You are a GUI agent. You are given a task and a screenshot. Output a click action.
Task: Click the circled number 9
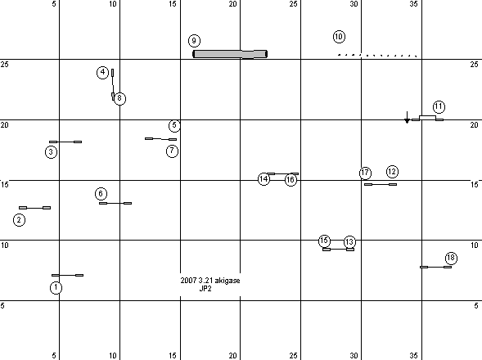pyautogui.click(x=194, y=41)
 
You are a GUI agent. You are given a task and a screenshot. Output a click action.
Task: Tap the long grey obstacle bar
pyautogui.click(x=230, y=54)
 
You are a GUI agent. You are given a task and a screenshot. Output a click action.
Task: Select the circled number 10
pyautogui.click(x=339, y=37)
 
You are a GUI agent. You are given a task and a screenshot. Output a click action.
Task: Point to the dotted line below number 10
pyautogui.click(x=377, y=56)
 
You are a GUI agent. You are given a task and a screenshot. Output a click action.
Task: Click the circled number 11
pyautogui.click(x=439, y=106)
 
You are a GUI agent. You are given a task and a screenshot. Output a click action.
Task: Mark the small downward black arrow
pyautogui.click(x=407, y=118)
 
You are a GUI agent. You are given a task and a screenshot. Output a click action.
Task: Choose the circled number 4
pyautogui.click(x=102, y=73)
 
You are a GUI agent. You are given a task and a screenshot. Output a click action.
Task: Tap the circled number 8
pyautogui.click(x=119, y=98)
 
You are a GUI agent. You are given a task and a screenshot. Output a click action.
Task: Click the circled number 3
pyautogui.click(x=51, y=152)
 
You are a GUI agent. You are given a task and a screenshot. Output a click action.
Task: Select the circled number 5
pyautogui.click(x=174, y=125)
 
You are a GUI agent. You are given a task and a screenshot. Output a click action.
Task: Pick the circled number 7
pyautogui.click(x=172, y=151)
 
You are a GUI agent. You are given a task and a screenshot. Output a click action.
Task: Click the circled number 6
pyautogui.click(x=101, y=194)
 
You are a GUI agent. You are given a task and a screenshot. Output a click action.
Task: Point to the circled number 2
pyautogui.click(x=19, y=220)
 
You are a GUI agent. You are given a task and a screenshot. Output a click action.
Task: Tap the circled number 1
pyautogui.click(x=56, y=288)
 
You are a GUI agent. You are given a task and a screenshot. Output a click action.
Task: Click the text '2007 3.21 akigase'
pyautogui.click(x=210, y=281)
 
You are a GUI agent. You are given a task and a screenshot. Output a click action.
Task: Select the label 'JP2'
pyautogui.click(x=205, y=288)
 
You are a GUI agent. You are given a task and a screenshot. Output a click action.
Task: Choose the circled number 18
pyautogui.click(x=451, y=258)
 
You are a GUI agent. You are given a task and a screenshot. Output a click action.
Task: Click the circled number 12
pyautogui.click(x=392, y=172)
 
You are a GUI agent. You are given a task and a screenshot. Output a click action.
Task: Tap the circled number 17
pyautogui.click(x=365, y=173)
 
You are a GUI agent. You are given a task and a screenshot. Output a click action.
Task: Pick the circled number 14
pyautogui.click(x=264, y=179)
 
